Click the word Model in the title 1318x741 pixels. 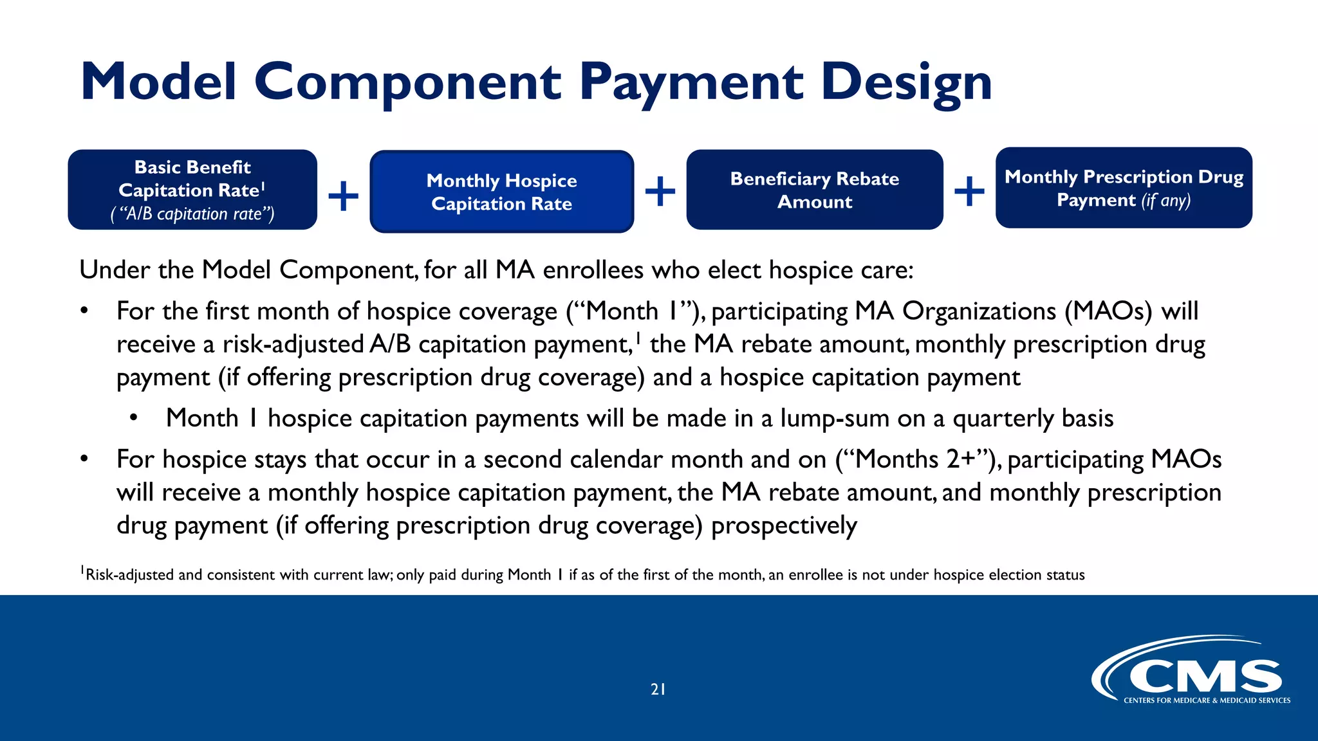click(x=159, y=82)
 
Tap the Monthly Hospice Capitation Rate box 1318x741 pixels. click(x=501, y=192)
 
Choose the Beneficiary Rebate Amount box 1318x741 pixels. click(x=814, y=190)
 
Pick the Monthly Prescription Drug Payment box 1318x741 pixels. click(x=1124, y=188)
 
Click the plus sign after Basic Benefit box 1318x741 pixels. click(x=343, y=195)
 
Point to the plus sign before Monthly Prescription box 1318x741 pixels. click(x=969, y=191)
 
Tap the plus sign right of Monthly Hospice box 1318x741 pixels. click(x=660, y=191)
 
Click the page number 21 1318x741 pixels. click(x=658, y=690)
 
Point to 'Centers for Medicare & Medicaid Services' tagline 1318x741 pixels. click(x=1207, y=700)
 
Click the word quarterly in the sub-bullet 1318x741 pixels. click(x=1003, y=419)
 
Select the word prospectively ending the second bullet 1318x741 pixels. click(x=783, y=526)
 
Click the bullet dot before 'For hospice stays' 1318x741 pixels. click(x=84, y=459)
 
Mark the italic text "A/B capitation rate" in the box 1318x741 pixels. click(x=192, y=214)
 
